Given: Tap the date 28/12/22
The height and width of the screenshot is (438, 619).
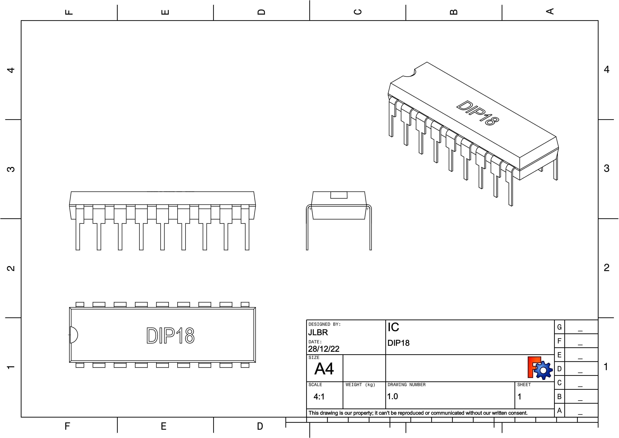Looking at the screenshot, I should coord(323,349).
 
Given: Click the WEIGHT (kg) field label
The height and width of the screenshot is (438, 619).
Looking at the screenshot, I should coord(360,385).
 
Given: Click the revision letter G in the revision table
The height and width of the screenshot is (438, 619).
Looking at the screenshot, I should coord(559,327).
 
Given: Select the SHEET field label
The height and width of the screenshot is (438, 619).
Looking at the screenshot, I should coord(524,385).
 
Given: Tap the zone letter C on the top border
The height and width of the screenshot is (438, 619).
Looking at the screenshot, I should coord(357,12).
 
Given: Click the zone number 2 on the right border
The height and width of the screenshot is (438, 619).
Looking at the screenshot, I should coord(606,268).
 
